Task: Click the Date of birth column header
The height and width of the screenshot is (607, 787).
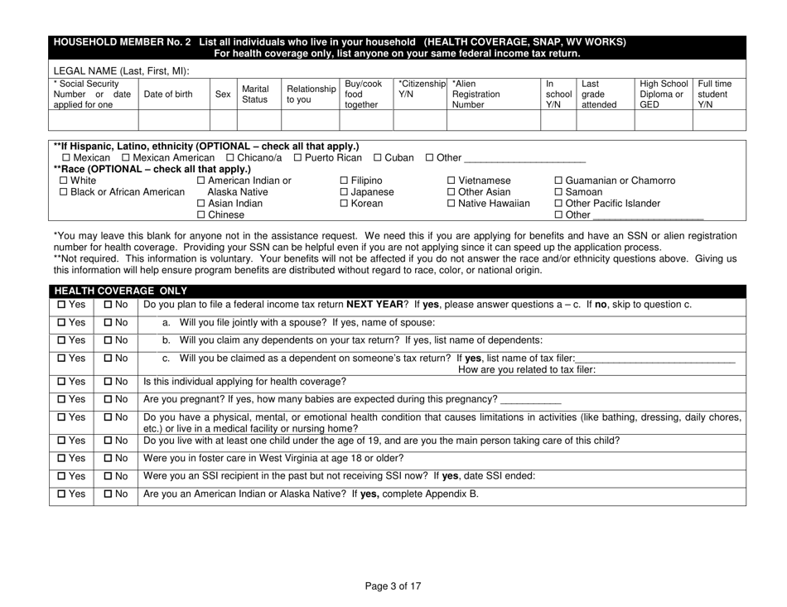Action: (173, 94)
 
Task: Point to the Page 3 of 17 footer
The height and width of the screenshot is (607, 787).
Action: (393, 587)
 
